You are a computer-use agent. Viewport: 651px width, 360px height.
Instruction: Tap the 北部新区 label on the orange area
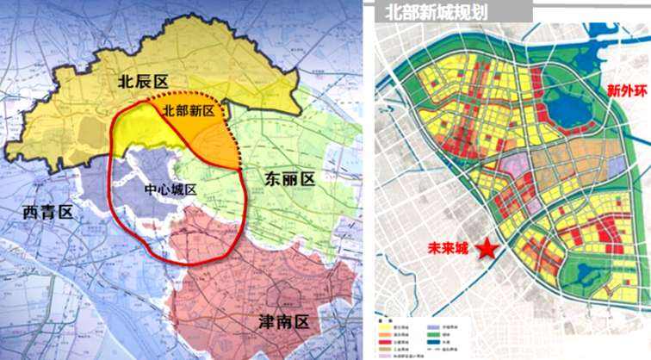(192, 110)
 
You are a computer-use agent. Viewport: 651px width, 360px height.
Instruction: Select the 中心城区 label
(170, 189)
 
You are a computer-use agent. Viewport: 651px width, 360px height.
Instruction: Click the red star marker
(487, 249)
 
